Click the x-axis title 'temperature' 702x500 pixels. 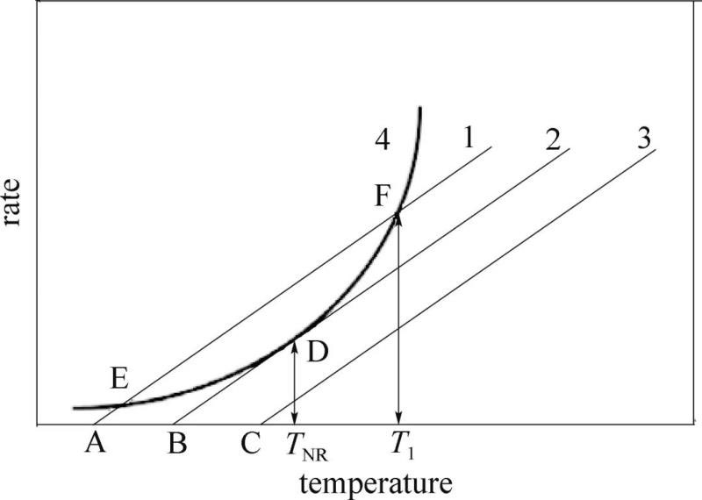click(x=376, y=481)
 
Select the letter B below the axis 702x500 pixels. click(x=175, y=445)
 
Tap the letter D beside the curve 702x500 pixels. click(x=318, y=352)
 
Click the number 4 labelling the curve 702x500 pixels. click(x=380, y=139)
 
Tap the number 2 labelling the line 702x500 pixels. click(x=552, y=140)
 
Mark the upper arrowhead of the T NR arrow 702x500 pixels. click(x=294, y=344)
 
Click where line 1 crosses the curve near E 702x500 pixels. click(x=121, y=405)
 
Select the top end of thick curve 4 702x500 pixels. click(x=421, y=108)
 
